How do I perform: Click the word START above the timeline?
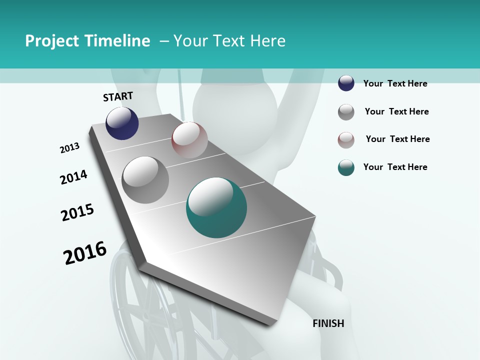(118, 96)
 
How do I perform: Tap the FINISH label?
(328, 323)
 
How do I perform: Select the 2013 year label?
(69, 148)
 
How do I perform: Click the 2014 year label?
(73, 177)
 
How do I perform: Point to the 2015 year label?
(77, 212)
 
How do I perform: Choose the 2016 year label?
(85, 253)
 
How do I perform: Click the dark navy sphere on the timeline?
(122, 123)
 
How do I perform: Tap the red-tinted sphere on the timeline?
(189, 140)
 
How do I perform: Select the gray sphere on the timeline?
(145, 180)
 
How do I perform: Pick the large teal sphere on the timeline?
(216, 207)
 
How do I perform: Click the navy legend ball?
(346, 83)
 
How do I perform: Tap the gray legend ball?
(346, 112)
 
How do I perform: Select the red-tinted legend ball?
(346, 140)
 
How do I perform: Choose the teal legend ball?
(346, 167)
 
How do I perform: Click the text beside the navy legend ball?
(395, 83)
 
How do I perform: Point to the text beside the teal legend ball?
(395, 167)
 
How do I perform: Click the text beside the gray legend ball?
(396, 111)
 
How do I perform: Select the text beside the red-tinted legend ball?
(397, 139)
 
